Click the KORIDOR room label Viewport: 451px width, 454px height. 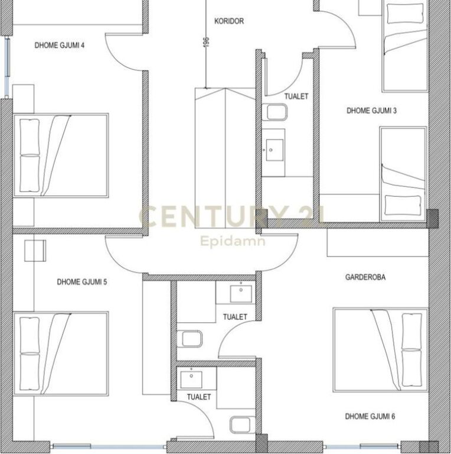tap(229, 21)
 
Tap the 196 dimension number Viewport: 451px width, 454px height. tap(206, 42)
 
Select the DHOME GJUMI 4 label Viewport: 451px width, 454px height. tap(60, 45)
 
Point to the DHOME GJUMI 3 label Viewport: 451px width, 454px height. tap(371, 111)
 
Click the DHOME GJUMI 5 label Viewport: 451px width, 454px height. tap(82, 282)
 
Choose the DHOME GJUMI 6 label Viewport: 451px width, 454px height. tap(370, 416)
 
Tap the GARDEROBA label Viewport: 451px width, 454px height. tap(365, 277)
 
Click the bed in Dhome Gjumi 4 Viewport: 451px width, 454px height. tap(61, 155)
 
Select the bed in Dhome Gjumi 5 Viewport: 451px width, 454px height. tap(61, 354)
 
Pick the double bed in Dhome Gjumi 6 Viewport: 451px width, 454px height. tap(381, 350)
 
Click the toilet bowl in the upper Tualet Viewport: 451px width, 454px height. tap(275, 112)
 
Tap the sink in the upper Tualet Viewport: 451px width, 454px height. tap(274, 150)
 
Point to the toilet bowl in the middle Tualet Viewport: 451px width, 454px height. tap(189, 339)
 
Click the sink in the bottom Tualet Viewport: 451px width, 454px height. tap(191, 380)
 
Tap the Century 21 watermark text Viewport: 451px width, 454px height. tap(231, 216)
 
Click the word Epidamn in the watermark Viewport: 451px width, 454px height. tap(233, 241)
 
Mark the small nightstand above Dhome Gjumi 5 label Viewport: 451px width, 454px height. tap(35, 251)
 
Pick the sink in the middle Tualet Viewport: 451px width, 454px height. tap(241, 294)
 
